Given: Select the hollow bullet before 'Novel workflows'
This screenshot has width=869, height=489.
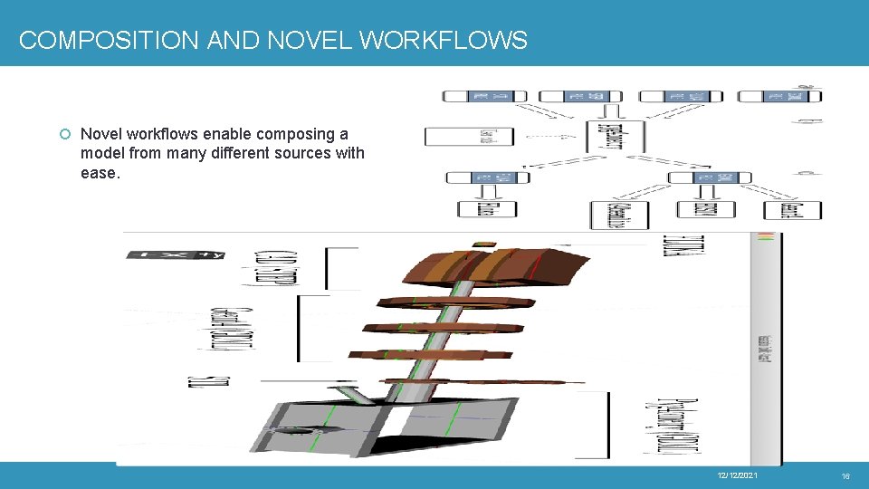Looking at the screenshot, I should [x=64, y=135].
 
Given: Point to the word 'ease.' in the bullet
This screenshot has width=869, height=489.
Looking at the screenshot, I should [x=100, y=172].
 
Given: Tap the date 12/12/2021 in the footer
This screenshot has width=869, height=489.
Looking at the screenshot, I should [x=737, y=476].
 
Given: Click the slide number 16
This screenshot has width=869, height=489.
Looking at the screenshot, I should [x=845, y=476].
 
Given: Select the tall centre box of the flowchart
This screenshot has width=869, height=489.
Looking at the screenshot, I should [x=615, y=136].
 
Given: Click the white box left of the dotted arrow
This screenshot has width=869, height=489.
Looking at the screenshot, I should [x=469, y=137].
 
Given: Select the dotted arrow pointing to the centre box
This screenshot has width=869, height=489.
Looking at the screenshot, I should [x=549, y=137].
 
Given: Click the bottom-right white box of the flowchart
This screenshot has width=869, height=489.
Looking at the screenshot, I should [x=793, y=210].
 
